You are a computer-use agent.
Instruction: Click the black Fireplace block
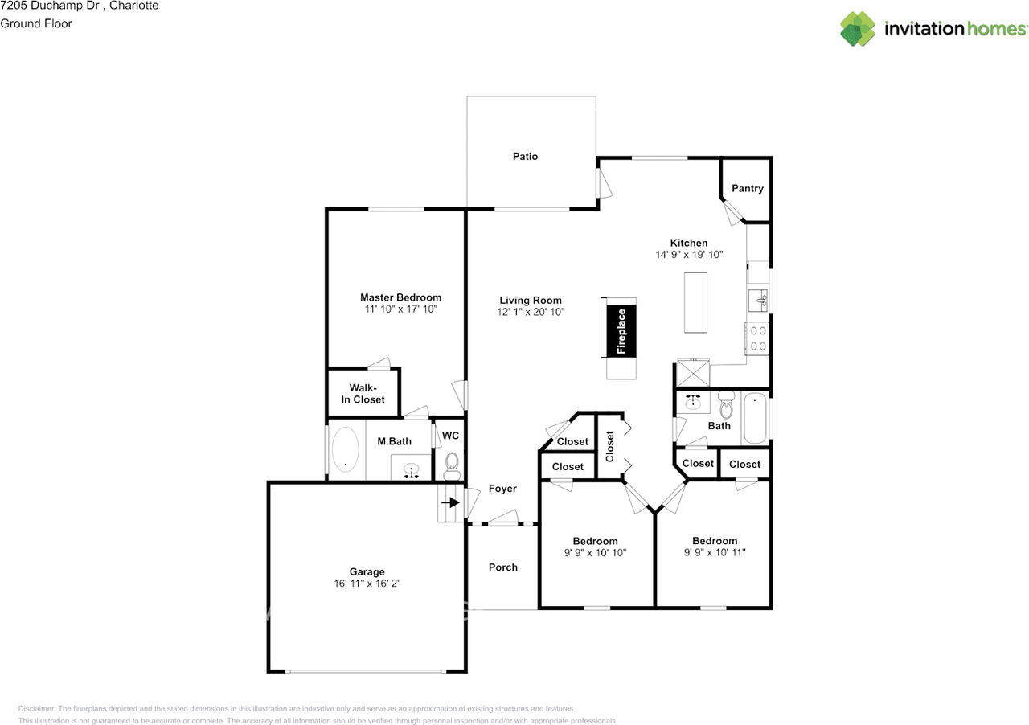621,330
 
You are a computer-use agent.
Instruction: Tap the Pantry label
747,188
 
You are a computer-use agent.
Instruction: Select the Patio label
525,156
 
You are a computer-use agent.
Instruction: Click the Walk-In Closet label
367,393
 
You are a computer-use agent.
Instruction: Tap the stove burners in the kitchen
757,338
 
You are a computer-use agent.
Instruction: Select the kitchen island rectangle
696,302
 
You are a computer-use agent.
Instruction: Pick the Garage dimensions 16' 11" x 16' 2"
367,584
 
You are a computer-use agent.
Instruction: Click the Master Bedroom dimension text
400,309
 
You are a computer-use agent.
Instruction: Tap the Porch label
503,567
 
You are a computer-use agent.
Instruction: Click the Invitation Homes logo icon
858,29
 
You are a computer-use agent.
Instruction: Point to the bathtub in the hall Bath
754,418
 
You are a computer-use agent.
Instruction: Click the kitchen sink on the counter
758,301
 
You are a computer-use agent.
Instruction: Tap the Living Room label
531,300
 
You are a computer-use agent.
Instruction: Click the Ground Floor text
36,23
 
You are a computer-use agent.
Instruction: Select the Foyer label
502,488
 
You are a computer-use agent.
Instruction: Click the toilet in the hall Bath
726,402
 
